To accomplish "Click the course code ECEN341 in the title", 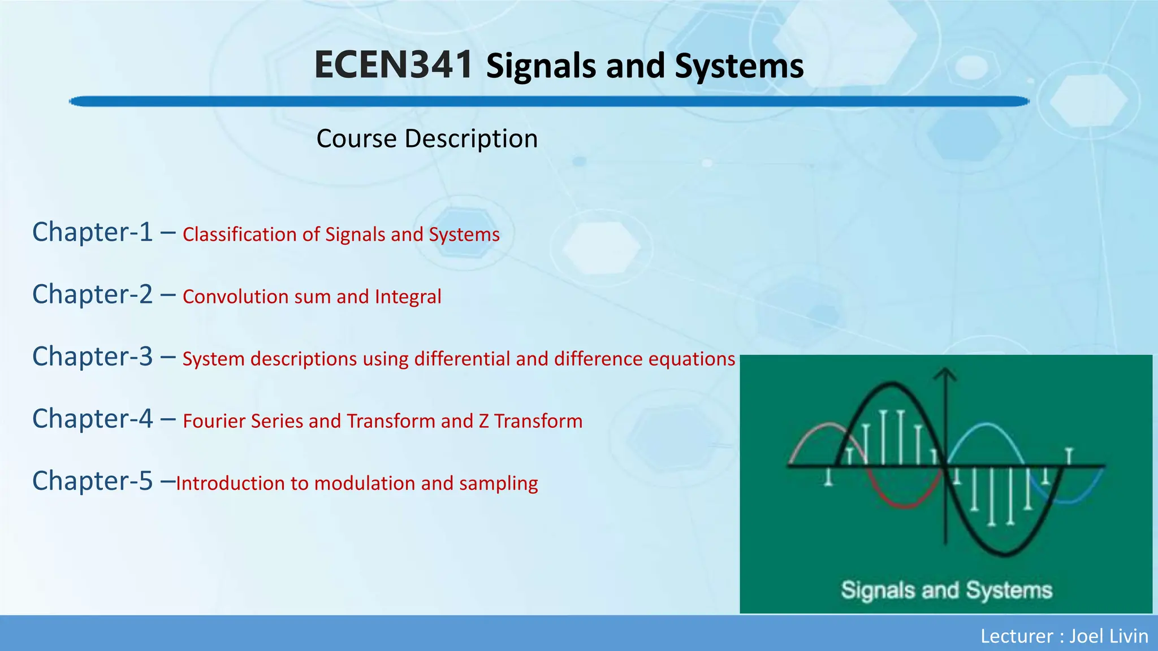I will (x=394, y=64).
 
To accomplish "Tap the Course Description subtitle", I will (x=427, y=138).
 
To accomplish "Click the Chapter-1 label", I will (x=92, y=232).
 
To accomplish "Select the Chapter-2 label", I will (x=92, y=294).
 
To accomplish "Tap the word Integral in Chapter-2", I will (x=408, y=297).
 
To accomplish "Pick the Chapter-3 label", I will (x=92, y=357).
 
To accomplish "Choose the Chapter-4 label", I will (x=92, y=419).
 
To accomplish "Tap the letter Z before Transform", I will (x=484, y=421).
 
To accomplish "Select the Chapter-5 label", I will (x=92, y=481).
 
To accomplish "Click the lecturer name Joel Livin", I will (x=1108, y=636).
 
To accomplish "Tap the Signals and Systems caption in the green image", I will (x=946, y=590).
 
